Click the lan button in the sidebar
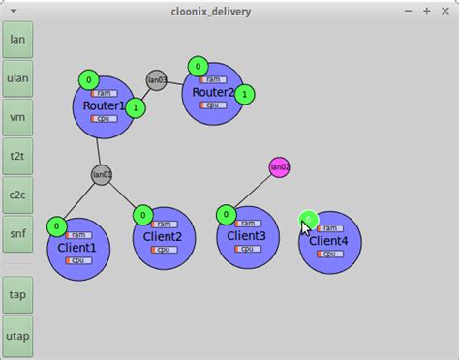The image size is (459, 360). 17,40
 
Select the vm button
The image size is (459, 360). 17,117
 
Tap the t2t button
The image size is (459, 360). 17,156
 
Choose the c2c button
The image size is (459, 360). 17,195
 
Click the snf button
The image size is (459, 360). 17,233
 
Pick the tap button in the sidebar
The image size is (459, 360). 17,295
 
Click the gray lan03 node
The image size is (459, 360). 157,80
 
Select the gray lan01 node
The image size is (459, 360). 102,175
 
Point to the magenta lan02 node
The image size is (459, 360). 279,167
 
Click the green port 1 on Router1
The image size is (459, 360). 136,107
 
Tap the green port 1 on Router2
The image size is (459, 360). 246,94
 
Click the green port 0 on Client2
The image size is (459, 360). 142,214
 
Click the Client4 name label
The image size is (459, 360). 329,241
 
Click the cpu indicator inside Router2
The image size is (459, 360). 214,105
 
